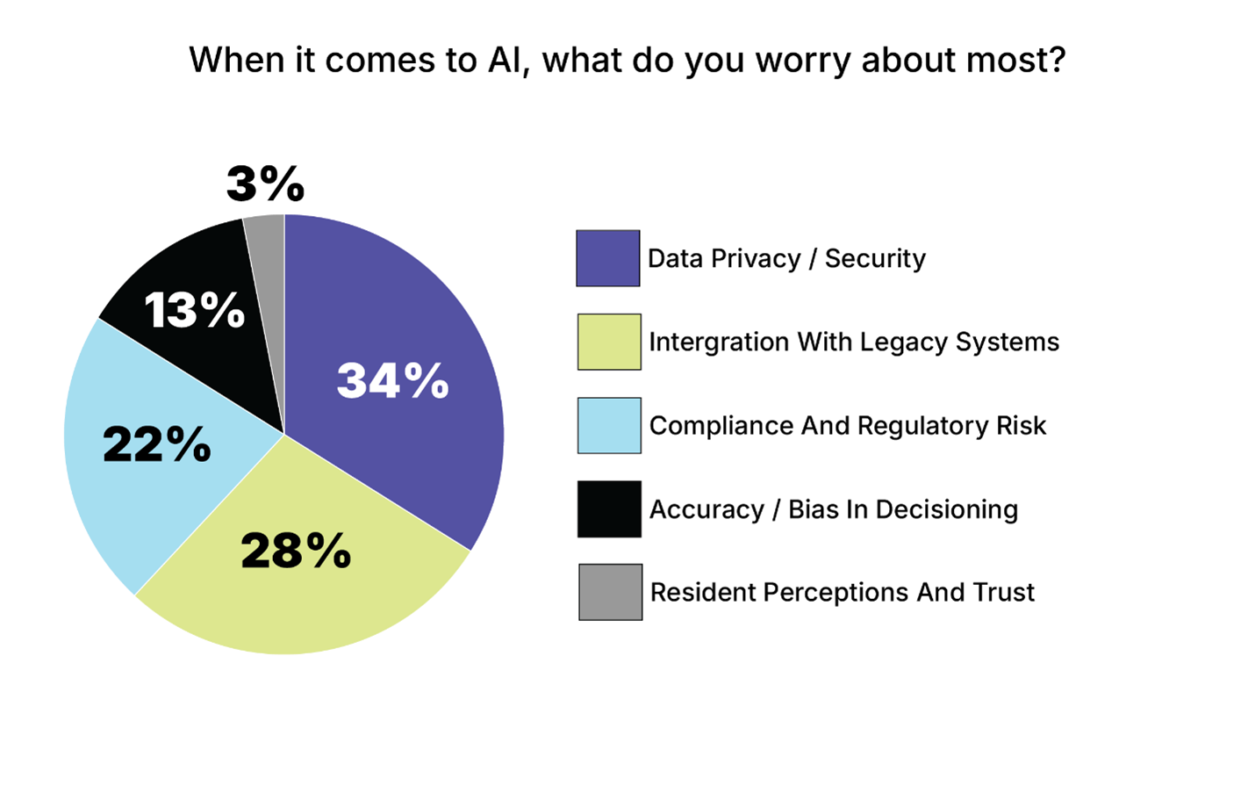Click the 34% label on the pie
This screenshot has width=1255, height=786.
click(x=392, y=381)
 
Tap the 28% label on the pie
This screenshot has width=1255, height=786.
click(x=296, y=551)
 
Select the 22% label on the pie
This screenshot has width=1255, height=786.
click(x=157, y=443)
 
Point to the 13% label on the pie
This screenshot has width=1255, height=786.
click(x=194, y=310)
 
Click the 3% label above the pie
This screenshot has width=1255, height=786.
click(x=265, y=184)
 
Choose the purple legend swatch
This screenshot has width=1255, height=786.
click(x=607, y=258)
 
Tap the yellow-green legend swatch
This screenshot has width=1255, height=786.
click(x=608, y=342)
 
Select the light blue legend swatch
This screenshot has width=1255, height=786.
click(x=608, y=425)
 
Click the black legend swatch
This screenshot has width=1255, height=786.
click(x=608, y=508)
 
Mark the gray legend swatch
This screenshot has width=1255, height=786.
click(x=609, y=592)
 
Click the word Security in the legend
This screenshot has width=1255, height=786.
click(x=875, y=258)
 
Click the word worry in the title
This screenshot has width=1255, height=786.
click(x=804, y=61)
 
